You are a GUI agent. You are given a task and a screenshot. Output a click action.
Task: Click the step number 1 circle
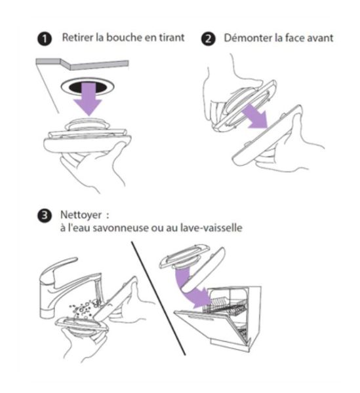tap(45, 39)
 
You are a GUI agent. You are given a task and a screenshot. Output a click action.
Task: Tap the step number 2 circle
tap(209, 39)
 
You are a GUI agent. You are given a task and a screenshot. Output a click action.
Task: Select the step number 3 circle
tap(45, 215)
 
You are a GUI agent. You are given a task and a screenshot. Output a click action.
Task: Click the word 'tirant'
tap(172, 37)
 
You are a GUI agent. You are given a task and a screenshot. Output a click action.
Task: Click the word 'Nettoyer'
tap(81, 215)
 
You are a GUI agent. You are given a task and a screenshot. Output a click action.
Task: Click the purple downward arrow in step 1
tap(88, 99)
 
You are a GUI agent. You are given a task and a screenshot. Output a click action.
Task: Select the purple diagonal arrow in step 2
tap(256, 116)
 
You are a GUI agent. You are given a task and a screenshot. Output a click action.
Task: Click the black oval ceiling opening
tap(88, 86)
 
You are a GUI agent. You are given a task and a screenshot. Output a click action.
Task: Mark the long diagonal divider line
tap(158, 298)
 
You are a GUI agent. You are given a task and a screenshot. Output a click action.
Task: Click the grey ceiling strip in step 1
tap(82, 64)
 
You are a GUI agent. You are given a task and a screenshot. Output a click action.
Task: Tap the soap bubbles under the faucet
tap(84, 309)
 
